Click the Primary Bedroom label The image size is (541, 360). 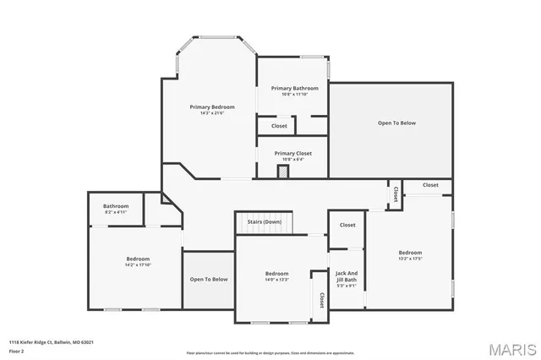pyautogui.click(x=211, y=106)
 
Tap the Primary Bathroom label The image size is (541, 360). pyautogui.click(x=294, y=88)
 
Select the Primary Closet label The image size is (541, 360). pyautogui.click(x=292, y=153)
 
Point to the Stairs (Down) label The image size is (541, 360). pyautogui.click(x=264, y=221)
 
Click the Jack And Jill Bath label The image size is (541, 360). pyautogui.click(x=347, y=275)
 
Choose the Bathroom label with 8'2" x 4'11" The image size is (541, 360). pyautogui.click(x=116, y=206)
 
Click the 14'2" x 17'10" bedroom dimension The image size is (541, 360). pyautogui.click(x=138, y=265)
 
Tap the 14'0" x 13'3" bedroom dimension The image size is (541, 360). pyautogui.click(x=277, y=280)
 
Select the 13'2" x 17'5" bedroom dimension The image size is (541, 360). pyautogui.click(x=410, y=259)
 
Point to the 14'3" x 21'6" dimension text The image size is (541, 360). pyautogui.click(x=211, y=113)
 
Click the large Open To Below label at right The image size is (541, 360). pyautogui.click(x=396, y=123)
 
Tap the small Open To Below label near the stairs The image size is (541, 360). pyautogui.click(x=208, y=279)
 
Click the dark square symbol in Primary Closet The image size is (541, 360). pyautogui.click(x=283, y=171)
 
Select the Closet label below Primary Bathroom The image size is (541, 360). pyautogui.click(x=279, y=126)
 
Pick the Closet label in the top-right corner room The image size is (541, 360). pyautogui.click(x=430, y=184)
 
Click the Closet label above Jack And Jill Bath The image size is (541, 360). pyautogui.click(x=347, y=225)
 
